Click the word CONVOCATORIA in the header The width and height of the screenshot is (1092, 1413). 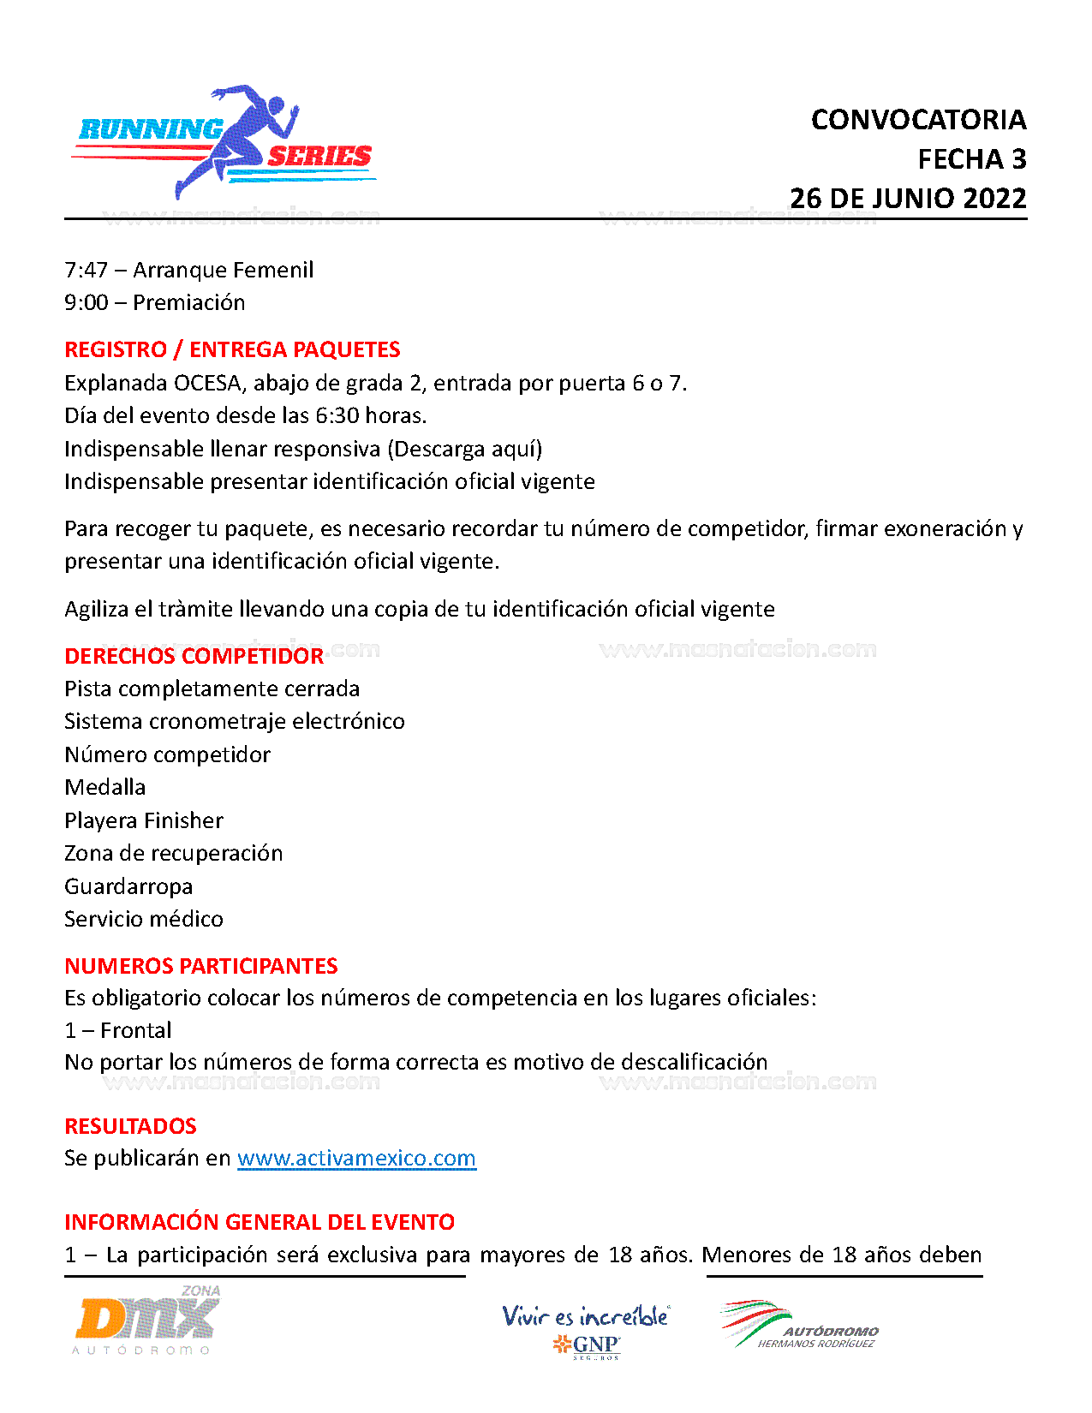click(x=918, y=120)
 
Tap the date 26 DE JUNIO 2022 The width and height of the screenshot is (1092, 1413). click(x=908, y=199)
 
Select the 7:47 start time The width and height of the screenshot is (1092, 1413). click(x=86, y=271)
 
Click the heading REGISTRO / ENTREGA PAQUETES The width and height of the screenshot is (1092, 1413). click(x=232, y=349)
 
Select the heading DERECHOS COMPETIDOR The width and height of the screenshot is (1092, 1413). click(x=194, y=657)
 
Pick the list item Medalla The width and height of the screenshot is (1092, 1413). click(x=104, y=787)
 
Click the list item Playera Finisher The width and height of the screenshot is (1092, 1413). click(x=143, y=820)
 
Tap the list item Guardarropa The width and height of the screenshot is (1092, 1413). click(x=128, y=886)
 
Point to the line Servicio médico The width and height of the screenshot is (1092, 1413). click(x=143, y=919)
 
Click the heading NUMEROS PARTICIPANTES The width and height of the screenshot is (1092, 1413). click(x=200, y=966)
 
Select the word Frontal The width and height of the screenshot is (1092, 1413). click(x=135, y=1030)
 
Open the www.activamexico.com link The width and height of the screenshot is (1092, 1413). click(x=356, y=1159)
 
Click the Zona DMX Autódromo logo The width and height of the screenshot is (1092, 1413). click(x=146, y=1321)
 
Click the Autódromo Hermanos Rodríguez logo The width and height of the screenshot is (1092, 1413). click(x=798, y=1326)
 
